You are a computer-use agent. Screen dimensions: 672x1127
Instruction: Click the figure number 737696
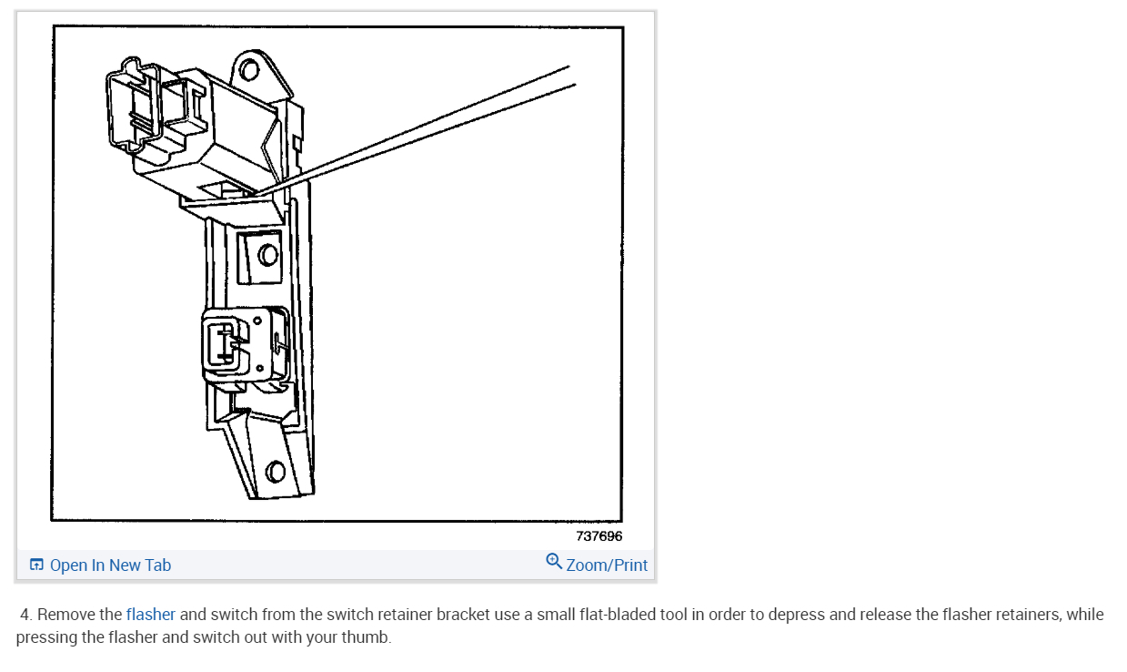tap(599, 536)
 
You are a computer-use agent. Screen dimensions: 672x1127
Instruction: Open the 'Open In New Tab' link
tap(110, 565)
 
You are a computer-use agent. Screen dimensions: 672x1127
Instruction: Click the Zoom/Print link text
tap(607, 565)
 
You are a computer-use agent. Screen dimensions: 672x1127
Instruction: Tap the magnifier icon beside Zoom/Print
tap(554, 561)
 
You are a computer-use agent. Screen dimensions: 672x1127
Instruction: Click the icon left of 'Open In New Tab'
tap(36, 565)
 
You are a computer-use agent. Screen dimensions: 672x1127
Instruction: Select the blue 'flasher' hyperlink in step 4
tap(151, 615)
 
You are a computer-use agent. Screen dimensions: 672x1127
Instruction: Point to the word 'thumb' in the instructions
tap(369, 637)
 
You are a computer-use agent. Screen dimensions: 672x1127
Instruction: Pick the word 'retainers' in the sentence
tap(1021, 615)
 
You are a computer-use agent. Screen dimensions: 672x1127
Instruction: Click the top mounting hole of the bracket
tap(249, 70)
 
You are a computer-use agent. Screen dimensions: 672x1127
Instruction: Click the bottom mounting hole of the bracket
tap(275, 472)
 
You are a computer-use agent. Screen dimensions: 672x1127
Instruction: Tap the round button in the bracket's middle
tap(267, 254)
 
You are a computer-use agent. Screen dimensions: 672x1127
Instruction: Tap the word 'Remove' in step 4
tap(65, 615)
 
